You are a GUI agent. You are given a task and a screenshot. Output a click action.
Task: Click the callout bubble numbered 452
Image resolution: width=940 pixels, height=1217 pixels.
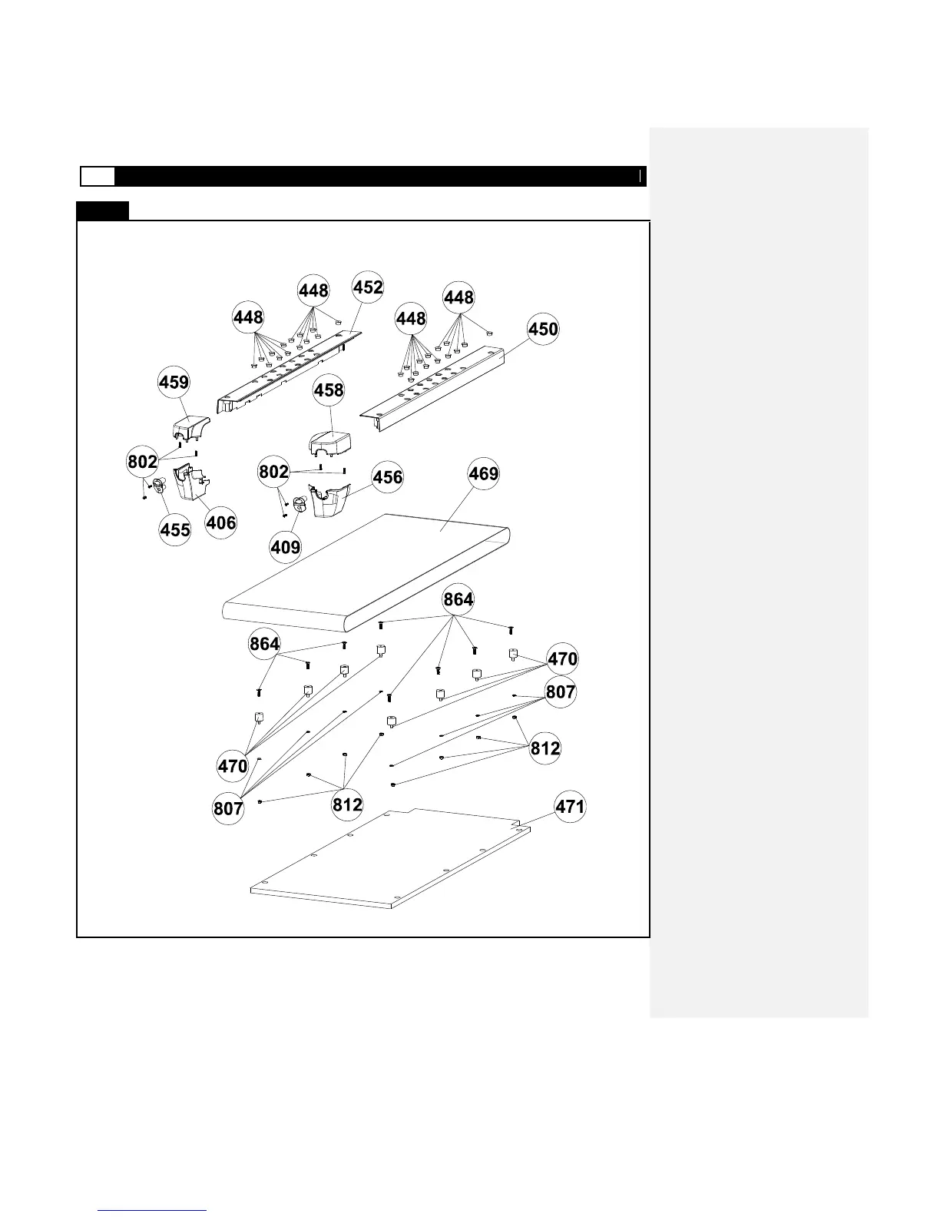368,287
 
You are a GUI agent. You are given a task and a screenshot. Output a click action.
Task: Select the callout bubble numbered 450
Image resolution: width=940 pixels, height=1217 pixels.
543,329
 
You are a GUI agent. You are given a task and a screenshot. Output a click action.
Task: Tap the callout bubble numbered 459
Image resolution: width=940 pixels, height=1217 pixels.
174,382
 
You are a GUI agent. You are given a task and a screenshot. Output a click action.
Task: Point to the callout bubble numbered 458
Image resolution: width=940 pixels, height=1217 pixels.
329,390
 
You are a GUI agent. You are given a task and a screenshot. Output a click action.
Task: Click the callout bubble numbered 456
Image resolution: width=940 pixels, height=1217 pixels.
388,477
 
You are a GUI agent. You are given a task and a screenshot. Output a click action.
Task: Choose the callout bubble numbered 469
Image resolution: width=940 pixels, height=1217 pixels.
484,473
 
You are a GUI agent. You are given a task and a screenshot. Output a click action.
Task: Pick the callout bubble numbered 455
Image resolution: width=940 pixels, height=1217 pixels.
175,529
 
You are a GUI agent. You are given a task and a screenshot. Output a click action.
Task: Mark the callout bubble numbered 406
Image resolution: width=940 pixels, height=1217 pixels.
221,522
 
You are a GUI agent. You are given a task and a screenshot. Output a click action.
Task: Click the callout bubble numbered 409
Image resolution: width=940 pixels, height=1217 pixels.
286,547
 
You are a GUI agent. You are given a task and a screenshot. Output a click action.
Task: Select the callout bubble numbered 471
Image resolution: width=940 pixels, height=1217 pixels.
570,807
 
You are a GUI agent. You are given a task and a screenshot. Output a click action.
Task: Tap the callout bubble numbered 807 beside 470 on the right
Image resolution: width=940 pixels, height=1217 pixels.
561,691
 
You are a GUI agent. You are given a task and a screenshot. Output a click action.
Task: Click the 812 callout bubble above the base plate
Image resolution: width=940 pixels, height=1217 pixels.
347,804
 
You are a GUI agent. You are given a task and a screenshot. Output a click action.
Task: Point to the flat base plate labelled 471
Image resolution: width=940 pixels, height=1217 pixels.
384,861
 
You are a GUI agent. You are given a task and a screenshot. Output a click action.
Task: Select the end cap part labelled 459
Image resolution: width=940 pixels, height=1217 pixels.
189,423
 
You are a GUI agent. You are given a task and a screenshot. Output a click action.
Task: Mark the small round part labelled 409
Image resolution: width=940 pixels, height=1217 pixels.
300,504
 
